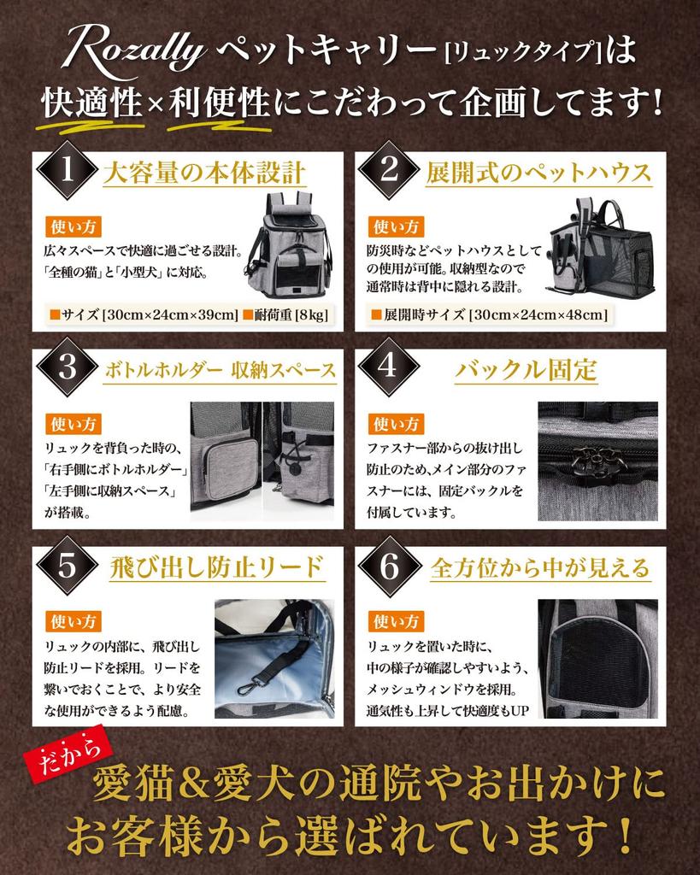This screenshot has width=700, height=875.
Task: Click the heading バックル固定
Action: pos(526,370)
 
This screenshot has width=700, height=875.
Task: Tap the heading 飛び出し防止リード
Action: pos(215,567)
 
